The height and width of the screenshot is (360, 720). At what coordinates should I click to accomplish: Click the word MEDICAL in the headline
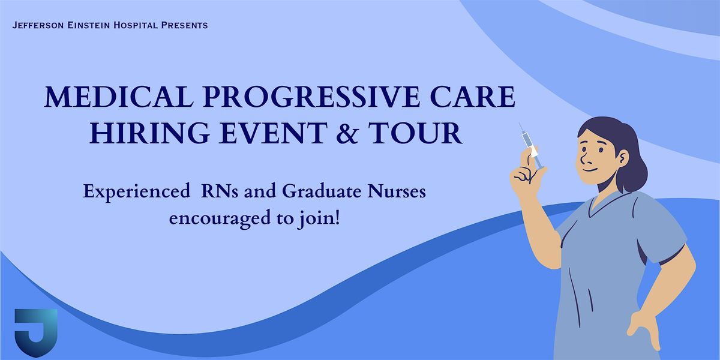(119, 97)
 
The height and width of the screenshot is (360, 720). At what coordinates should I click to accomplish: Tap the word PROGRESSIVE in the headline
(311, 97)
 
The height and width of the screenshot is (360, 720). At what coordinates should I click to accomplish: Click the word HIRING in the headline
(149, 133)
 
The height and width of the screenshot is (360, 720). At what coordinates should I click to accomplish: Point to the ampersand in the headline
(347, 133)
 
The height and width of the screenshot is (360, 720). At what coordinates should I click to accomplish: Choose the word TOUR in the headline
(415, 133)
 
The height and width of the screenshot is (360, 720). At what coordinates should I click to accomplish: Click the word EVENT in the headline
(273, 133)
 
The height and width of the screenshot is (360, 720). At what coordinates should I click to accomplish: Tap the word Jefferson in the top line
(38, 25)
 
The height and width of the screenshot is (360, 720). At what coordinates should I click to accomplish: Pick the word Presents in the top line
(184, 25)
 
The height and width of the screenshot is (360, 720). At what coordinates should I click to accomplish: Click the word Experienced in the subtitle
(136, 192)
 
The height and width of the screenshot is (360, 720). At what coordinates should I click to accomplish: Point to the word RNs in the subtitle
(220, 191)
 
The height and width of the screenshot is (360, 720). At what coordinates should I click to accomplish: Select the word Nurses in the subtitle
(397, 191)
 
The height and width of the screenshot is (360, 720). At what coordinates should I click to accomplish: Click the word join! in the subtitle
(318, 219)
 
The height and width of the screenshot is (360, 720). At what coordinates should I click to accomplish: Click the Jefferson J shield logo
(36, 332)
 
